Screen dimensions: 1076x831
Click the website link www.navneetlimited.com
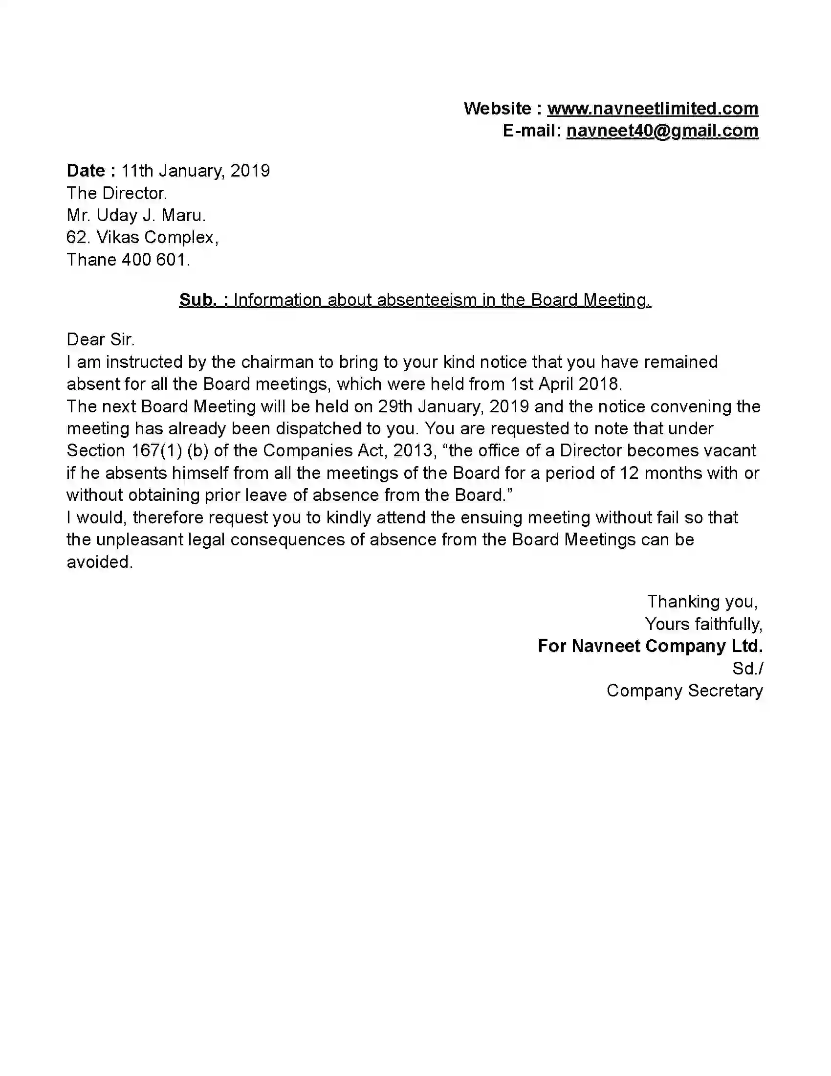point(652,109)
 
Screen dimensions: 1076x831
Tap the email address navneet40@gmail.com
point(662,131)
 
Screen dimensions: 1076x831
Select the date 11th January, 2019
point(196,171)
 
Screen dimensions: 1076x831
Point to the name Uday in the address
point(117,215)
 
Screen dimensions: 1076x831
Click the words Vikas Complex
point(157,238)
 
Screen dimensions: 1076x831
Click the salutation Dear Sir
point(100,339)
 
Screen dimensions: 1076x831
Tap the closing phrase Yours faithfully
point(703,624)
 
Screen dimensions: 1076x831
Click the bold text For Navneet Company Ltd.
point(650,647)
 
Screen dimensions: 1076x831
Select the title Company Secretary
point(684,691)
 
